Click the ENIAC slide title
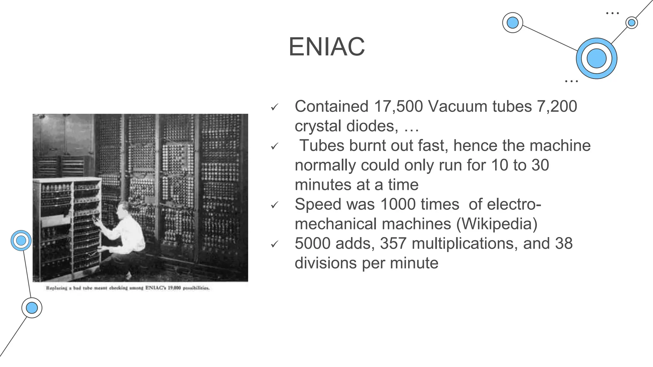tap(326, 47)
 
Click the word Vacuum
tap(457, 106)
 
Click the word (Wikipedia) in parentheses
tap(497, 224)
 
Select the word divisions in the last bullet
tap(325, 263)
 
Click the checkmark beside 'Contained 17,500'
tap(275, 107)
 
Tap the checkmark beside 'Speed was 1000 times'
tap(275, 205)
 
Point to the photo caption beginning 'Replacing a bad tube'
tap(128, 288)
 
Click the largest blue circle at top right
tap(596, 59)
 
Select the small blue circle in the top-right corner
tap(631, 23)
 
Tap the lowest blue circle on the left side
tap(32, 308)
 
